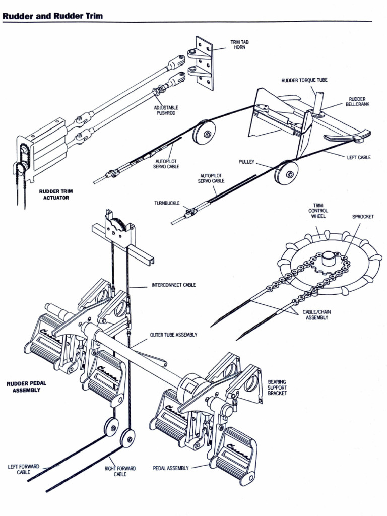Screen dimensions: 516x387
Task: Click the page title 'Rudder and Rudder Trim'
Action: pos(53,16)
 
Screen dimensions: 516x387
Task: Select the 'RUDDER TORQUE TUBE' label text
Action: pos(304,80)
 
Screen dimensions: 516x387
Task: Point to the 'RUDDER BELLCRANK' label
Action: pos(357,102)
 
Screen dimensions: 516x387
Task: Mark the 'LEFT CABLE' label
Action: pos(358,157)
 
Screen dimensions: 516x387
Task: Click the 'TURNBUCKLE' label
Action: pos(167,203)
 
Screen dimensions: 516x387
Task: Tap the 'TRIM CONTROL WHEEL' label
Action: pos(318,211)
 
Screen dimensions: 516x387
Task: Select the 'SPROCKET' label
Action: pos(363,217)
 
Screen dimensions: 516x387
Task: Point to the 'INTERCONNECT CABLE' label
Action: pos(174,285)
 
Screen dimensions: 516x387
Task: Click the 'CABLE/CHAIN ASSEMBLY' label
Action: pos(317,315)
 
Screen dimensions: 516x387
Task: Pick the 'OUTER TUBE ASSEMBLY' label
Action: pos(173,335)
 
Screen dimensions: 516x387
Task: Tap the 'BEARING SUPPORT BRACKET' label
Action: pos(277,388)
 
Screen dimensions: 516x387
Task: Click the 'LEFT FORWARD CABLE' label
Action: pos(23,469)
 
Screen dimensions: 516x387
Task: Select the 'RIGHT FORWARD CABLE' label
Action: pos(120,471)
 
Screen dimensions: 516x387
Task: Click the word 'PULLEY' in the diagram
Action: pos(247,162)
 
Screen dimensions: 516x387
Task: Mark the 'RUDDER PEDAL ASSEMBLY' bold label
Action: pos(26,386)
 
